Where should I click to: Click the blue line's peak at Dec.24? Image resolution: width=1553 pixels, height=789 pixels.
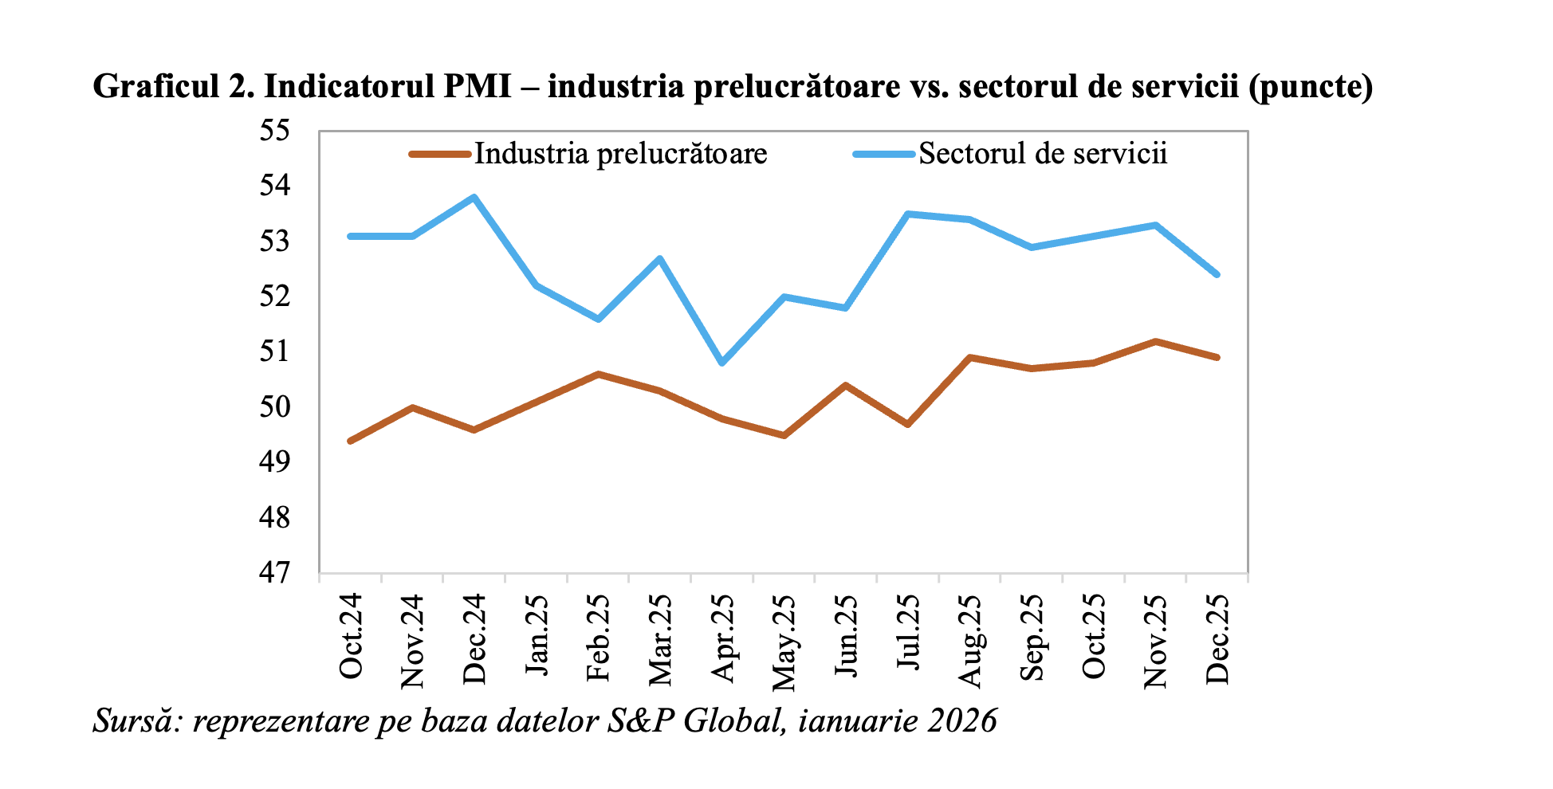click(474, 197)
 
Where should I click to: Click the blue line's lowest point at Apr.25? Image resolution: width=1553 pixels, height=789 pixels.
click(722, 363)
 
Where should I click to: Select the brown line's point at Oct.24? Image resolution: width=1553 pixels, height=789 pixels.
click(350, 441)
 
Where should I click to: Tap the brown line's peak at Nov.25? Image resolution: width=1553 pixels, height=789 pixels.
click(1155, 341)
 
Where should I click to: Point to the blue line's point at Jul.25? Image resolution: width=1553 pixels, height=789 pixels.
click(907, 214)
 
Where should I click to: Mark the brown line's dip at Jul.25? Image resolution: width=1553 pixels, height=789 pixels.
click(907, 425)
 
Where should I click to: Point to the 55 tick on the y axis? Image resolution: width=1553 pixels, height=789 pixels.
click(274, 131)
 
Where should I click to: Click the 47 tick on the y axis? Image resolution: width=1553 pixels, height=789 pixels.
click(274, 572)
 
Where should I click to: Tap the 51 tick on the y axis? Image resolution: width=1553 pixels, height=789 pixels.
click(274, 351)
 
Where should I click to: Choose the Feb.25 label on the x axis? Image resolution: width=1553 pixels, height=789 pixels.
click(598, 638)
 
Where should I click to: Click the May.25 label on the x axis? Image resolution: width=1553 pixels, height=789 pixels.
click(784, 642)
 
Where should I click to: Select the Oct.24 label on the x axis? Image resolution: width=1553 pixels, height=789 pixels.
click(350, 636)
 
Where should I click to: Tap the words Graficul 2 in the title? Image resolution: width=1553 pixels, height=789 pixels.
click(172, 86)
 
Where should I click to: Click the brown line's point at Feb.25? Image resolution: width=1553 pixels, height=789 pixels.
click(598, 373)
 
